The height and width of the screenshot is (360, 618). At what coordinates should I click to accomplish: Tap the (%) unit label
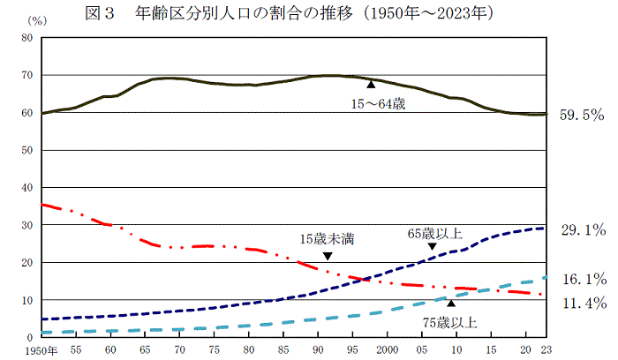36,19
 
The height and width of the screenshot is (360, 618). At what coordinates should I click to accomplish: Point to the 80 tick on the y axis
26,38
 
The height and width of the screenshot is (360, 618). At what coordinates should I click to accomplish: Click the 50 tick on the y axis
26,150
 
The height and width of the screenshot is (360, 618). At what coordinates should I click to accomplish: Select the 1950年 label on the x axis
42,350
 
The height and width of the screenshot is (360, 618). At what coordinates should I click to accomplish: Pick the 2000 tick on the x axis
387,350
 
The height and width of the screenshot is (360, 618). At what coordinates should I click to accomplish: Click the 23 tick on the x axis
545,350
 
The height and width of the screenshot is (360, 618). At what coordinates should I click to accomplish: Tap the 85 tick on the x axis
283,350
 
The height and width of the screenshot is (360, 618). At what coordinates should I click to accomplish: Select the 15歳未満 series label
328,238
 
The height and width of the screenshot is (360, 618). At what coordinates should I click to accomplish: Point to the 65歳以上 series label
434,234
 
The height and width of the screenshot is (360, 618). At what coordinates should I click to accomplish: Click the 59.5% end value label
582,115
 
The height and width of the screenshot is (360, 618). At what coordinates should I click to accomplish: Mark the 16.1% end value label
583,279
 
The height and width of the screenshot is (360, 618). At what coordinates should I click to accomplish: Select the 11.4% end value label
583,304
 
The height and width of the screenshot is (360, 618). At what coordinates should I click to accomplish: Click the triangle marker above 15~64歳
372,85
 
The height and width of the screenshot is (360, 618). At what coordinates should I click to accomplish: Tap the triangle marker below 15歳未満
328,256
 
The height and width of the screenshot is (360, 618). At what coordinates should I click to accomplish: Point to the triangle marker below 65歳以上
432,247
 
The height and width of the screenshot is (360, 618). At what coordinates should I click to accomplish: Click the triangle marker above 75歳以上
451,303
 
